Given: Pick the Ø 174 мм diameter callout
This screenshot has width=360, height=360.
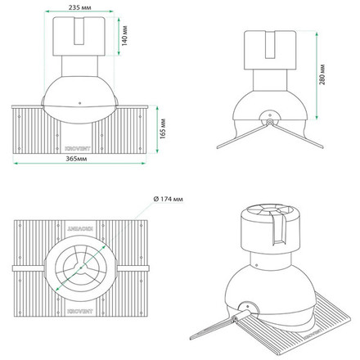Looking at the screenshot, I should pos(170,200).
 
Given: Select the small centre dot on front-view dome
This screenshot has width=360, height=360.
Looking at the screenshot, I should pos(80,103).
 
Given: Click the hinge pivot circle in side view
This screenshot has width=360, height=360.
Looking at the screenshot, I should pos(268,121).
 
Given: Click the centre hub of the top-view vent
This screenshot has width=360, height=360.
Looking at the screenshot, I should pos(80,266).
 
